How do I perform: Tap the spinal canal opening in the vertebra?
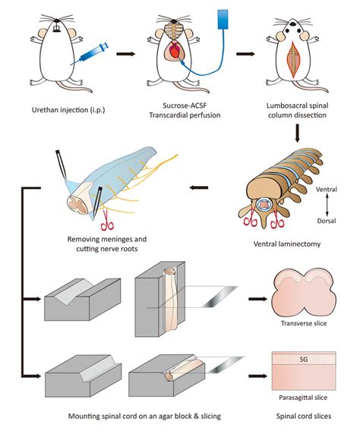265,205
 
